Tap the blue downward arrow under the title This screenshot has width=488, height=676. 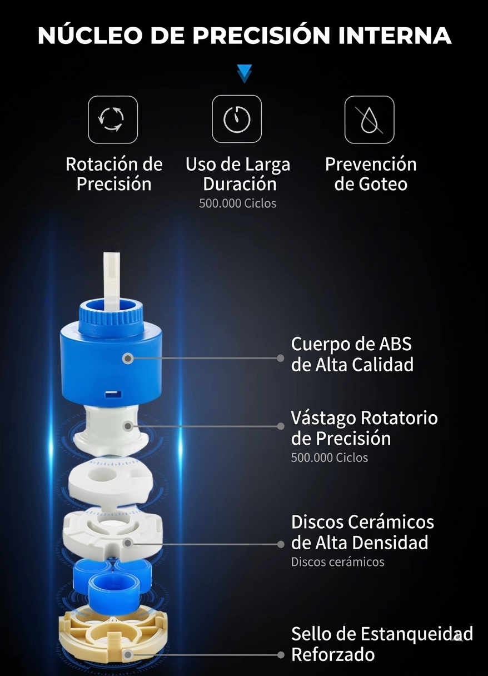[x=244, y=73]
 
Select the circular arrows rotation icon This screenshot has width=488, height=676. [x=113, y=120]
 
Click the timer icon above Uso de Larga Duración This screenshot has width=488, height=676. [x=237, y=119]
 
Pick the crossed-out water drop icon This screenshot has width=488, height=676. [x=369, y=120]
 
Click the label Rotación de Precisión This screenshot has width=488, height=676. [x=114, y=174]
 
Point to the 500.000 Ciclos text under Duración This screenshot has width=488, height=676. [x=237, y=203]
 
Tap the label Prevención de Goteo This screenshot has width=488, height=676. [x=371, y=174]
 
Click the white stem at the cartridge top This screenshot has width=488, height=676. [x=112, y=275]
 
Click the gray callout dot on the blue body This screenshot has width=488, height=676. [x=127, y=359]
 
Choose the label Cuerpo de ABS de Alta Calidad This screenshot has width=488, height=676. [x=352, y=354]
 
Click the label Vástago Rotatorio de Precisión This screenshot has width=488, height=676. [x=364, y=428]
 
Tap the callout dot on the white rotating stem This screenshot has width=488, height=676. [x=128, y=426]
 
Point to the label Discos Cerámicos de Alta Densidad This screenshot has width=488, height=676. [x=362, y=532]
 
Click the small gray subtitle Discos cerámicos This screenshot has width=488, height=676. [x=337, y=562]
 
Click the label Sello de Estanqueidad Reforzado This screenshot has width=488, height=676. [x=382, y=644]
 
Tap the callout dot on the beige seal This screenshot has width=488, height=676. [x=128, y=655]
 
